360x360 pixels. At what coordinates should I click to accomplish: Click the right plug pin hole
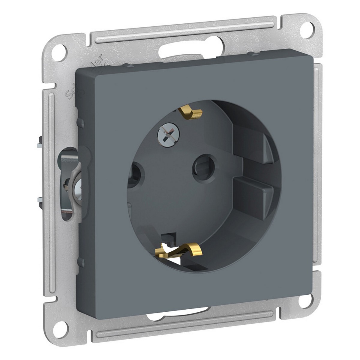pyautogui.click(x=200, y=165)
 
